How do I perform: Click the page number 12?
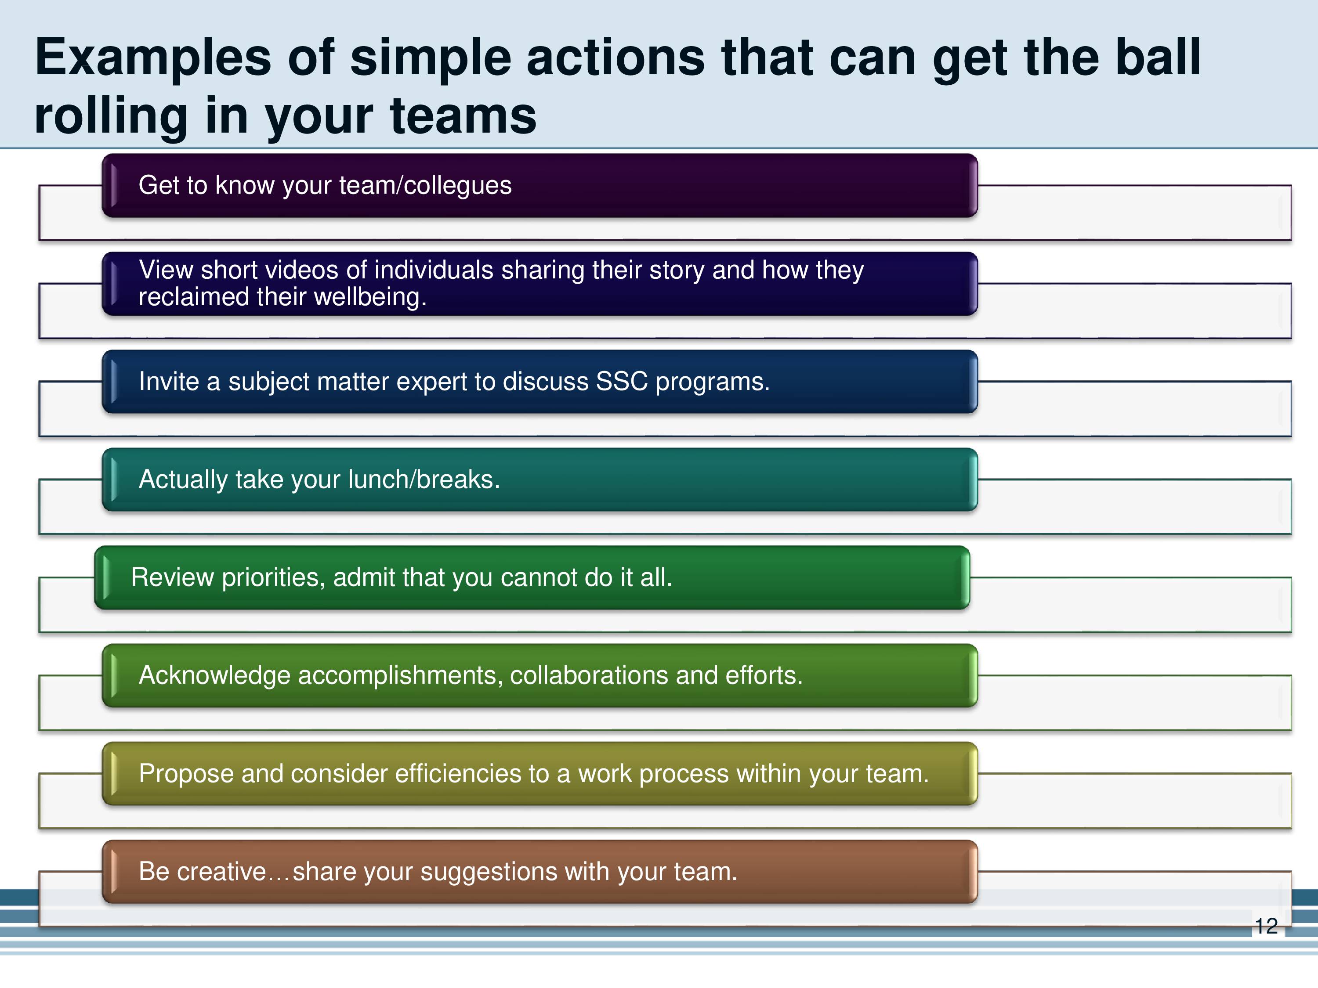pos(1266,926)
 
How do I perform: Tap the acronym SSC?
pos(622,381)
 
